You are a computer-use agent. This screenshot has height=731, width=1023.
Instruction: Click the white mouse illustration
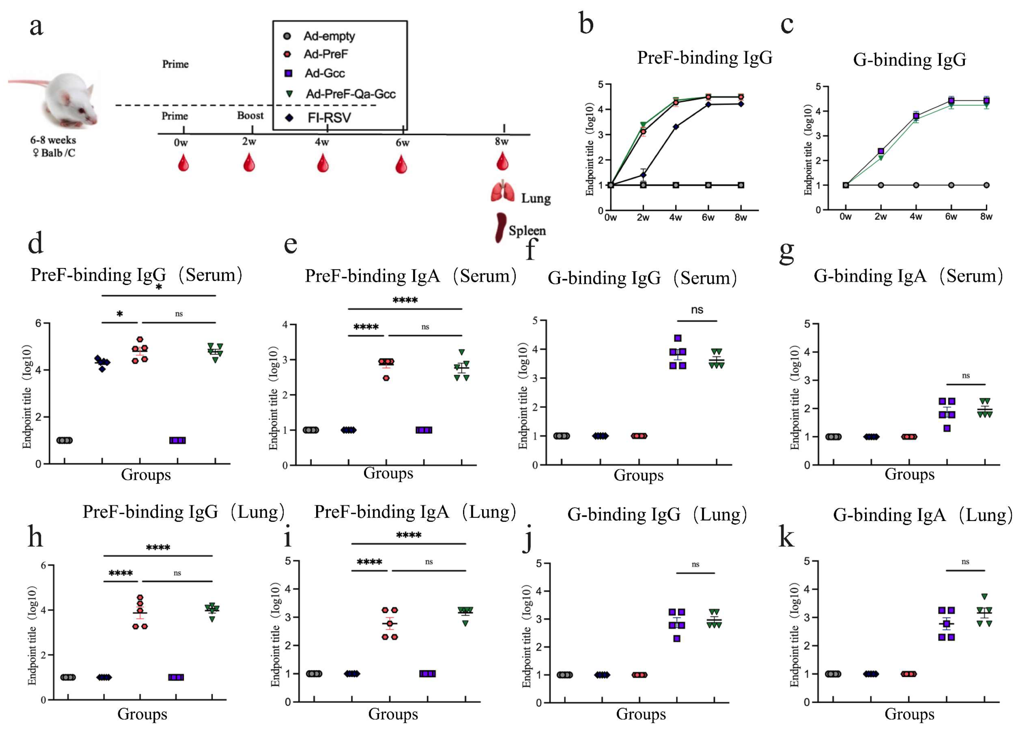[68, 101]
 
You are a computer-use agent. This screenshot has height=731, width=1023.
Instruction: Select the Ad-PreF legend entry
[325, 54]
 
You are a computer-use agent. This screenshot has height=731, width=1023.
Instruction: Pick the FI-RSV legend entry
[329, 118]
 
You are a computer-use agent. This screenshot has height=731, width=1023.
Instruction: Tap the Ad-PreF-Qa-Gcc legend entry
[350, 94]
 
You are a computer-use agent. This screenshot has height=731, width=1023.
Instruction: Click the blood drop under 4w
[322, 163]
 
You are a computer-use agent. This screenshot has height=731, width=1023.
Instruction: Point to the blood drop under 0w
[183, 163]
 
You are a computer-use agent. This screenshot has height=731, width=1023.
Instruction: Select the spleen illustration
[500, 227]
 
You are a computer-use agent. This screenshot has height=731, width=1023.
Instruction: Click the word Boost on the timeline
[250, 115]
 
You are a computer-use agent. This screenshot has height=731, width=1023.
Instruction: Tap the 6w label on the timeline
[402, 143]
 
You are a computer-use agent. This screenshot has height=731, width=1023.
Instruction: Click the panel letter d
[36, 243]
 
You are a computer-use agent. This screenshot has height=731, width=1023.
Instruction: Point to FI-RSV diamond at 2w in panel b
[643, 175]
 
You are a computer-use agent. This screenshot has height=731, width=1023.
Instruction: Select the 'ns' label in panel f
[697, 310]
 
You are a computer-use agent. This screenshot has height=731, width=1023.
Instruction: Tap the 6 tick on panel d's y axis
[38, 323]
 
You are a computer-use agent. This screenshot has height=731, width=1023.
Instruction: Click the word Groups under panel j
[641, 714]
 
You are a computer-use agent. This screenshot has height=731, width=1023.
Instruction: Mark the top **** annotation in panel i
[409, 535]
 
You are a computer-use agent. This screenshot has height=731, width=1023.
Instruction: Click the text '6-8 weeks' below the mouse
[53, 140]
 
